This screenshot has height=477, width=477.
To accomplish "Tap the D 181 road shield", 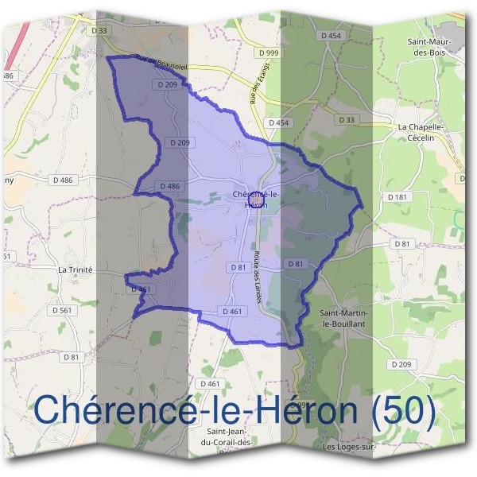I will [x=397, y=196].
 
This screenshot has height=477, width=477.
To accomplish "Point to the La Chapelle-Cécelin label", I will [x=419, y=132].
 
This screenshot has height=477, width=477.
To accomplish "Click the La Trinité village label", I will [x=76, y=270].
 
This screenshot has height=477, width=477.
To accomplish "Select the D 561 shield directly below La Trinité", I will [x=60, y=310].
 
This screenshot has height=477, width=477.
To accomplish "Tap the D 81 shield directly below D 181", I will [x=402, y=243].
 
